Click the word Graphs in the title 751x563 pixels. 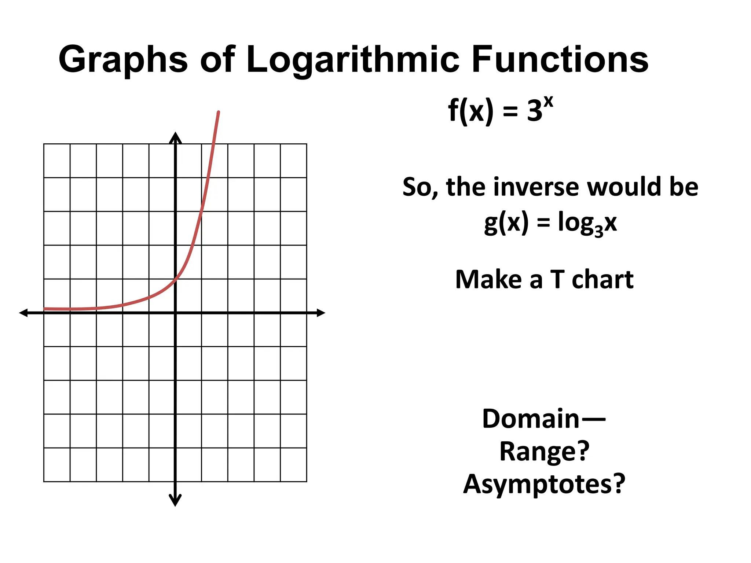pos(123,60)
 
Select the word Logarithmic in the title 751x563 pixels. pos(352,60)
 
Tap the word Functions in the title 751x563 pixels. pos(560,60)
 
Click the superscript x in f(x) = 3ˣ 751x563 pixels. pos(548,102)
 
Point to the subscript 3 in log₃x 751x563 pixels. pos(598,231)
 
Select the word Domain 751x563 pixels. pos(530,419)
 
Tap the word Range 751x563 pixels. pos(539,451)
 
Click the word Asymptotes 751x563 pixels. pos(538,484)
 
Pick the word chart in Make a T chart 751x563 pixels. pos(602,280)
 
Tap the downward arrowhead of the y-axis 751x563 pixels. pos(175,501)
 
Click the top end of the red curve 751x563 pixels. pos(219,112)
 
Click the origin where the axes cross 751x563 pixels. pos(175,313)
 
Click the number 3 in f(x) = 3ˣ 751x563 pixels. pos(535,111)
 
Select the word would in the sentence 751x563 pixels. pos(624,187)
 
